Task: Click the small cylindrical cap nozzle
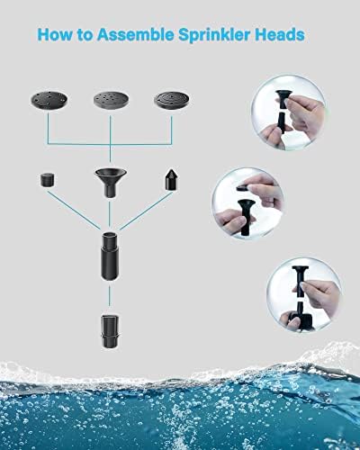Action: coord(46,180)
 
